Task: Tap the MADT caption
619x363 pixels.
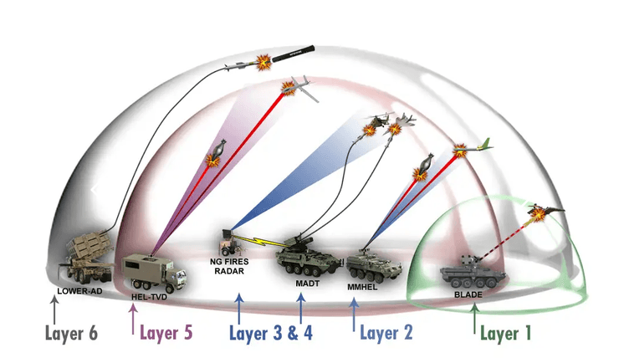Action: tap(304, 283)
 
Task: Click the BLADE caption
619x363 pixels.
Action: tap(468, 294)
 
